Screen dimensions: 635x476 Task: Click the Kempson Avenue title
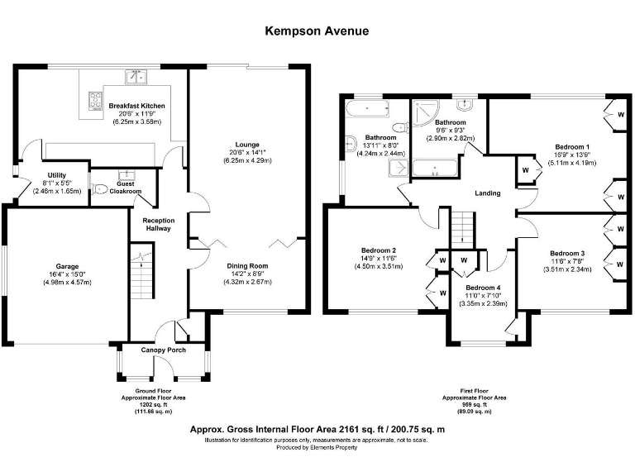317,31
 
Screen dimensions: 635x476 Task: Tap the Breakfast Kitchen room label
137,106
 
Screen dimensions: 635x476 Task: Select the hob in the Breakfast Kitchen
96,101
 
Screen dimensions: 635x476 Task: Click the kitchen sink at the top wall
136,77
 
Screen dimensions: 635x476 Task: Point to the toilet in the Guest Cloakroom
99,189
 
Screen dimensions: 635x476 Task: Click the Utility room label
57,175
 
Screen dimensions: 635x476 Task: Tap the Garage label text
67,266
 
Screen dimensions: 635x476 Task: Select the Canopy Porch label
164,350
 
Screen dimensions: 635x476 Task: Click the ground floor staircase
141,271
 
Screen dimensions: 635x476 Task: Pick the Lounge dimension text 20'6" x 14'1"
247,153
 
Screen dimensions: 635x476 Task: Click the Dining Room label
247,266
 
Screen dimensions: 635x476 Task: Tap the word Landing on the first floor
488,193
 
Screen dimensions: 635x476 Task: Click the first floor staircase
463,228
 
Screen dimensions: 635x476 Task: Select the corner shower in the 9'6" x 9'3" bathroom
426,113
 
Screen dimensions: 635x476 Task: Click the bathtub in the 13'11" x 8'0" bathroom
368,108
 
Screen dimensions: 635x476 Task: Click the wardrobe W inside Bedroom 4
464,260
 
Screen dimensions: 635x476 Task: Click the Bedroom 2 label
379,250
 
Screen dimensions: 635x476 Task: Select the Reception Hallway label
159,224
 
